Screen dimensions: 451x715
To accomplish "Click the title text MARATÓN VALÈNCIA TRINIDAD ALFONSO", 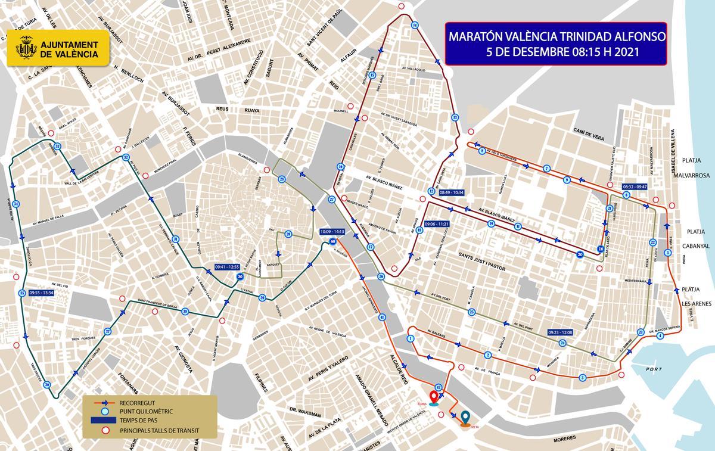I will (x=557, y=38).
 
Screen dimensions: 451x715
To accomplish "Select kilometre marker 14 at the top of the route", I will (x=415, y=24).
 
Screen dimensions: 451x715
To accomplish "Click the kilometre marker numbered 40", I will (x=332, y=241).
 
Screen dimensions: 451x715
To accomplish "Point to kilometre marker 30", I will (x=240, y=277).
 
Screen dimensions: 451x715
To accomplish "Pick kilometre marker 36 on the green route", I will (x=47, y=385).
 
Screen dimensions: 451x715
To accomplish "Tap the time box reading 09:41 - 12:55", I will (x=226, y=267).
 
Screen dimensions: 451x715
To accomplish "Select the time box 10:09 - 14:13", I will (x=332, y=231).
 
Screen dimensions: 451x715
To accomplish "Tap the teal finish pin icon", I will (x=465, y=416).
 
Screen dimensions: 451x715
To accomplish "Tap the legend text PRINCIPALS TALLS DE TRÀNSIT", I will (x=159, y=430).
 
